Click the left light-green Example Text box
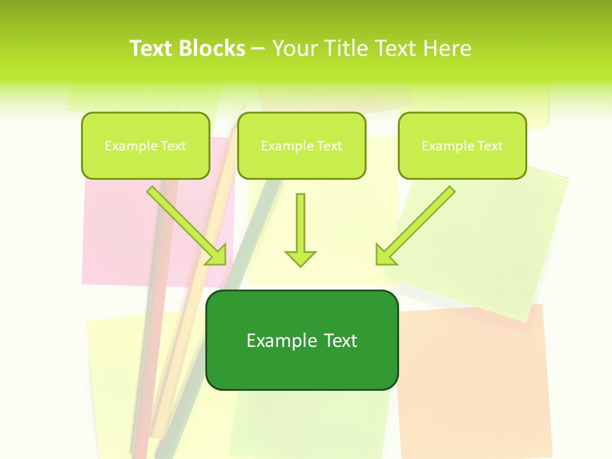(x=145, y=145)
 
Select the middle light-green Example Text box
(x=302, y=145)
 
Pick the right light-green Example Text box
(x=462, y=145)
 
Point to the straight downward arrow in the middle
(x=300, y=226)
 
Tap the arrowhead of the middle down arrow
(x=300, y=258)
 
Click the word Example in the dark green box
(x=278, y=340)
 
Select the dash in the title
(x=258, y=49)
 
